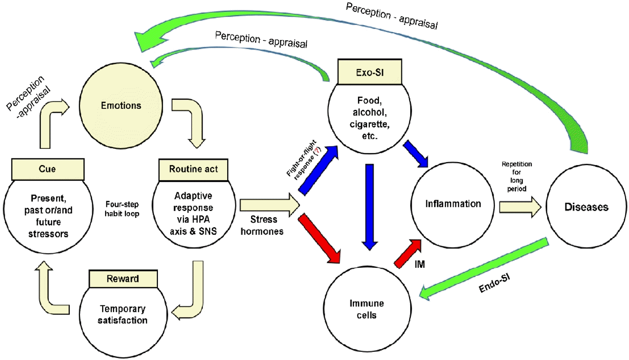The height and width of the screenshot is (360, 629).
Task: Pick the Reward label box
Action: tap(123, 279)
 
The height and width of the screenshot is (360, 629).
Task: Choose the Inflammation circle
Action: tap(446, 204)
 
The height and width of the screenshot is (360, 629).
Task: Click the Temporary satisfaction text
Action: tap(122, 314)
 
